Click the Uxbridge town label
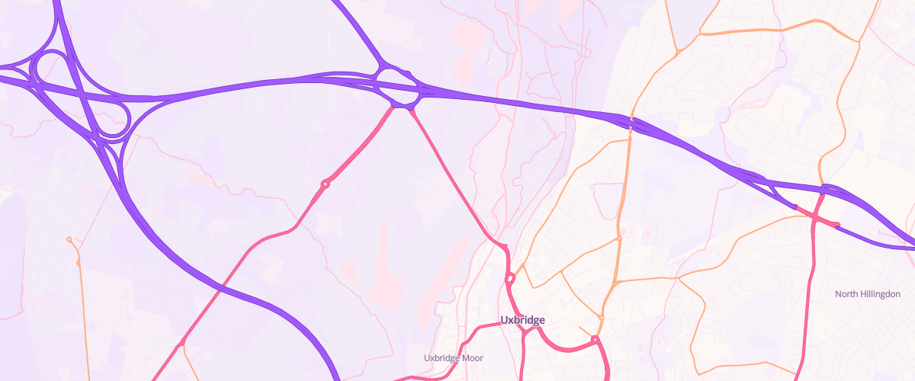(522, 320)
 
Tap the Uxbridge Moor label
(454, 357)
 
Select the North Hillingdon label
(868, 294)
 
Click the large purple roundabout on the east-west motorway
(396, 88)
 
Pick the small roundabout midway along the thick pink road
(326, 184)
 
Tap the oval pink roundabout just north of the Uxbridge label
(509, 280)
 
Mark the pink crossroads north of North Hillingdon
(816, 219)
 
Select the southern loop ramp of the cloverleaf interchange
(113, 122)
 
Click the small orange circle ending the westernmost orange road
(69, 240)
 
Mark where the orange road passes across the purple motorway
(631, 123)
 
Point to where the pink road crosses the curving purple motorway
(219, 288)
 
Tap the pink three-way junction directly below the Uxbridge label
(524, 331)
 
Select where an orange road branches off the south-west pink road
(181, 347)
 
